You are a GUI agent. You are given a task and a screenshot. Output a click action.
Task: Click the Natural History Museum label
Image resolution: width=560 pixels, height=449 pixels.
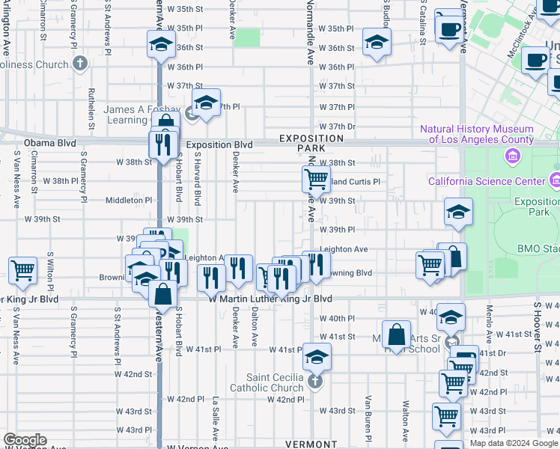[476, 134]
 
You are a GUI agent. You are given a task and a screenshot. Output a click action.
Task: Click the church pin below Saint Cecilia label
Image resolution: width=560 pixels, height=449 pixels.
[315, 382]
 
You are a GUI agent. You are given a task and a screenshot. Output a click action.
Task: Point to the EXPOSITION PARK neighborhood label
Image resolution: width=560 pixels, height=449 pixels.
[311, 144]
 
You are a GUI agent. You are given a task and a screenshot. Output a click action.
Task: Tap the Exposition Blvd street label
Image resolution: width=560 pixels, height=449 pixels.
[219, 144]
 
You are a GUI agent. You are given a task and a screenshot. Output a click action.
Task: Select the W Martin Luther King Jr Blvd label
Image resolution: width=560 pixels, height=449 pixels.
[270, 298]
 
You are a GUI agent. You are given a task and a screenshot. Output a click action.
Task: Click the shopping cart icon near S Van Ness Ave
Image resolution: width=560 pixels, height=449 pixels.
[22, 270]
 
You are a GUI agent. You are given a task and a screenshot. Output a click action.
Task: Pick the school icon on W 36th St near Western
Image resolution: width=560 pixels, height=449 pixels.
[161, 45]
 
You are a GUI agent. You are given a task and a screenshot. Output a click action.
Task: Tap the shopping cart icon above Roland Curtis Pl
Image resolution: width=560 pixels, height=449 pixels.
[316, 179]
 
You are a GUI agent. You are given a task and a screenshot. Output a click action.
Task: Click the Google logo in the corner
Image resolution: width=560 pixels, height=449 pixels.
[25, 440]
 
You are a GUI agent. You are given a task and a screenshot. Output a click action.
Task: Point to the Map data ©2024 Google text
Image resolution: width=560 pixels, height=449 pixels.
[514, 443]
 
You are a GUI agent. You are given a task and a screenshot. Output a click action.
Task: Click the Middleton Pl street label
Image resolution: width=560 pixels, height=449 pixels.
[129, 200]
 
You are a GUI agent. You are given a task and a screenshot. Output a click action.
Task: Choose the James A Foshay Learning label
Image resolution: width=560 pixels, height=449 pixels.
[135, 114]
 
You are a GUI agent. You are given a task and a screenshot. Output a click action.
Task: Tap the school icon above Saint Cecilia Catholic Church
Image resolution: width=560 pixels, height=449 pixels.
[317, 357]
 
